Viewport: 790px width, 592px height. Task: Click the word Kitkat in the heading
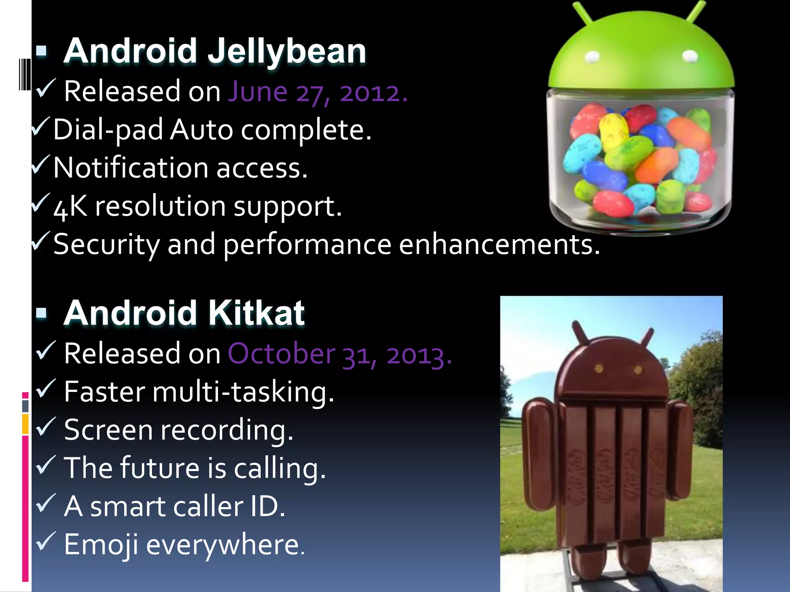(257, 313)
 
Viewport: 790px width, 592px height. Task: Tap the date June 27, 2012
(317, 92)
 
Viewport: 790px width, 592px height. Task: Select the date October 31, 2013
(339, 354)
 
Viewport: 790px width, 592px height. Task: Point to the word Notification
(131, 168)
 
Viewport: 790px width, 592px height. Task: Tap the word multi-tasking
(243, 392)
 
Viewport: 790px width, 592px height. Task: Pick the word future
(160, 468)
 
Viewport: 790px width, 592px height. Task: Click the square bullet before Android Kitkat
(41, 313)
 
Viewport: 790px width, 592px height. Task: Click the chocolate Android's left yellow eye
(599, 368)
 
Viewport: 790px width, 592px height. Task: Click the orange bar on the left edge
(25, 424)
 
